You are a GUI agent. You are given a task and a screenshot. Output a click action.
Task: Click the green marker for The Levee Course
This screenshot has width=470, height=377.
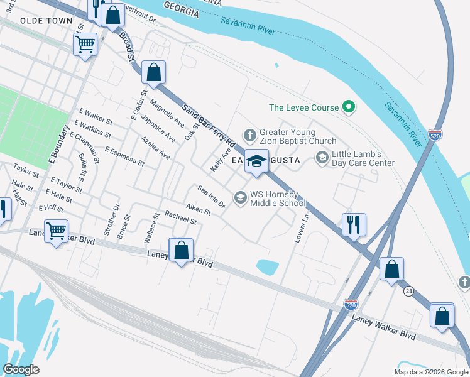[x=349, y=107]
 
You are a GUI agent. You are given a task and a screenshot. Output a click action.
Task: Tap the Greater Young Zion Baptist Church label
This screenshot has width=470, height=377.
[x=298, y=137]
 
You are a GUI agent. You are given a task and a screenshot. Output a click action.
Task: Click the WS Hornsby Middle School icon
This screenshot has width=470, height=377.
[x=240, y=198]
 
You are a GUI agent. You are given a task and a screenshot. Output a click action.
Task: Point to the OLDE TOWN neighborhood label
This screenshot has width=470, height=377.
[x=46, y=21]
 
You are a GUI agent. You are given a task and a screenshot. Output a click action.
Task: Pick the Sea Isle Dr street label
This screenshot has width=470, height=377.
[x=211, y=197]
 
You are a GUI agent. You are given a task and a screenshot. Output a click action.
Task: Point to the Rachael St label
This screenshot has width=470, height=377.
[x=180, y=217]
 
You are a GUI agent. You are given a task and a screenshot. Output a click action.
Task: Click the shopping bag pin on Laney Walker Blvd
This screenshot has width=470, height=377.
[x=181, y=251]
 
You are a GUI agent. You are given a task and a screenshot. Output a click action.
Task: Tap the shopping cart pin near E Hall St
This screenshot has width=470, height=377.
[x=57, y=231]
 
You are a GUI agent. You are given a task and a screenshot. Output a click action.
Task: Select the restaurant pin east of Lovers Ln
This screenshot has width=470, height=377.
[x=354, y=224]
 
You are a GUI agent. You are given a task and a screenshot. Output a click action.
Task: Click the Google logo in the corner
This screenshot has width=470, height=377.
[x=21, y=369]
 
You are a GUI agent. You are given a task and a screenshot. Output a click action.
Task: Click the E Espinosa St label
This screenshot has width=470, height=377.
[x=124, y=156]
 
